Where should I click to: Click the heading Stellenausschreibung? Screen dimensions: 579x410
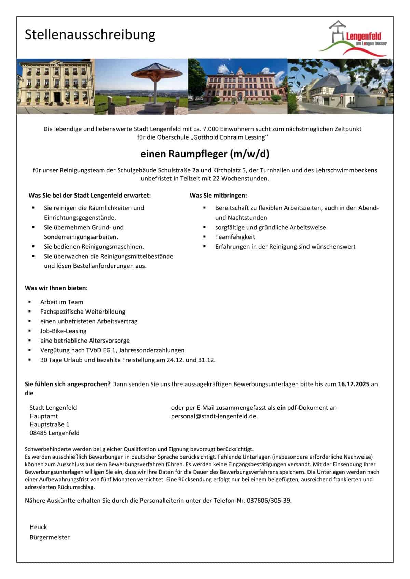90,35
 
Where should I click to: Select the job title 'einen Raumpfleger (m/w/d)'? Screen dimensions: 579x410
205,154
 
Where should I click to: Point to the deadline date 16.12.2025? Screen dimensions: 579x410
353,384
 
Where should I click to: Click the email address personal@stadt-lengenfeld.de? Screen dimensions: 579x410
214,416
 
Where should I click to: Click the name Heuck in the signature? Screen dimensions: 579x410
38,527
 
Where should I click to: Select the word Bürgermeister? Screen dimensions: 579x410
50,537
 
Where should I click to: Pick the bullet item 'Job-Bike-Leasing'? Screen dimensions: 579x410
63,331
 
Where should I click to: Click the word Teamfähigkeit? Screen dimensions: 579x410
235,237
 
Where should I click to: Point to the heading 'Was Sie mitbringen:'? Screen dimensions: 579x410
218,196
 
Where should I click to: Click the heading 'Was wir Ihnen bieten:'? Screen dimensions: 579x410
56,288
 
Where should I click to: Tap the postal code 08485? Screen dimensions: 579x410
38,433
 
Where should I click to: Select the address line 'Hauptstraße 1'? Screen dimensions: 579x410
50,424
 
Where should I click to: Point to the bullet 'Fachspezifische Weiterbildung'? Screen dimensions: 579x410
83,312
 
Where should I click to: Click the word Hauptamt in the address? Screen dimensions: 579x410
44,416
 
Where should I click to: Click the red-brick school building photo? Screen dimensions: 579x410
238,86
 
